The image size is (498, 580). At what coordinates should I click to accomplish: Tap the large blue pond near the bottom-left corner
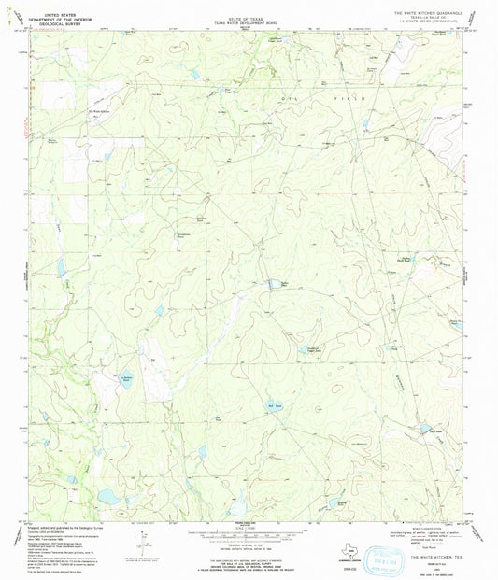[109, 497]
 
